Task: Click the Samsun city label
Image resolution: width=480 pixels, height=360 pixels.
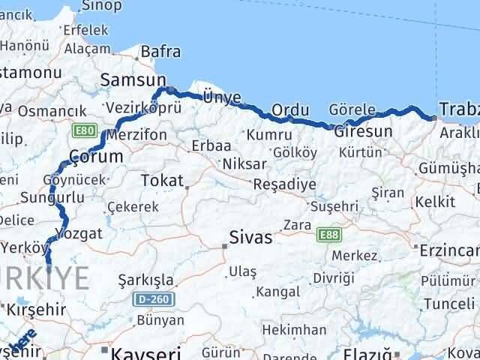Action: (x=133, y=80)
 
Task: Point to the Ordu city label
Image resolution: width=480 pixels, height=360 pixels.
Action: (x=290, y=110)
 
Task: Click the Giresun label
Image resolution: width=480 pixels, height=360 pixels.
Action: (x=363, y=131)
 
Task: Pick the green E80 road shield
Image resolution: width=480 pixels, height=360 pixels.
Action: (x=84, y=130)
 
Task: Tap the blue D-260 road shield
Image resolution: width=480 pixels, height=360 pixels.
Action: (x=155, y=299)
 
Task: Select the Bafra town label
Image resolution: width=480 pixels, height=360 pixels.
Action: (x=160, y=52)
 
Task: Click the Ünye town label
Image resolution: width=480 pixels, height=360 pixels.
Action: (x=222, y=96)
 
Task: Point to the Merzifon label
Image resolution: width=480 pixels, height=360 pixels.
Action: (x=136, y=135)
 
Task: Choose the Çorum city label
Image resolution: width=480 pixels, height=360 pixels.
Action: (x=95, y=156)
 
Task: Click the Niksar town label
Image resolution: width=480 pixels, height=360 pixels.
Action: (x=244, y=163)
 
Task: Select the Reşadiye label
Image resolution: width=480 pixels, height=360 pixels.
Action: (x=280, y=184)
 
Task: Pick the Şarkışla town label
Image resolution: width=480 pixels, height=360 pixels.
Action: (x=146, y=280)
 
